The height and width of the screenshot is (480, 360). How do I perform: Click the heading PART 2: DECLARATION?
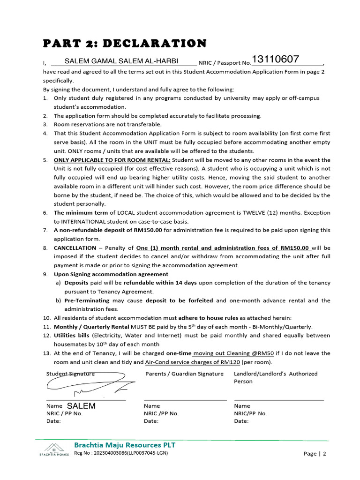pyautogui.click(x=125, y=44)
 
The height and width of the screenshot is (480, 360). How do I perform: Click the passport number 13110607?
pyautogui.click(x=275, y=60)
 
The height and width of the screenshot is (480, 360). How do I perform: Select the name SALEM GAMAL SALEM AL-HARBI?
pyautogui.click(x=121, y=61)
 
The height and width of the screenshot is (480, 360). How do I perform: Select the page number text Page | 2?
pyautogui.click(x=315, y=454)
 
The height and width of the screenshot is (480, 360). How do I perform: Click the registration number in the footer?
pyautogui.click(x=121, y=453)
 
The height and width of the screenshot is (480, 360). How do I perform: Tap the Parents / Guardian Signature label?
pyautogui.click(x=184, y=374)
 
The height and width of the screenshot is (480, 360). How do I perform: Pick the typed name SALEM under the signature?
pyautogui.click(x=81, y=406)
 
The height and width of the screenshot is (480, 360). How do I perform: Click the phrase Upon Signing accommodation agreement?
pyautogui.click(x=111, y=274)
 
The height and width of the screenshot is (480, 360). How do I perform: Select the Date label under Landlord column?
pyautogui.click(x=241, y=421)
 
